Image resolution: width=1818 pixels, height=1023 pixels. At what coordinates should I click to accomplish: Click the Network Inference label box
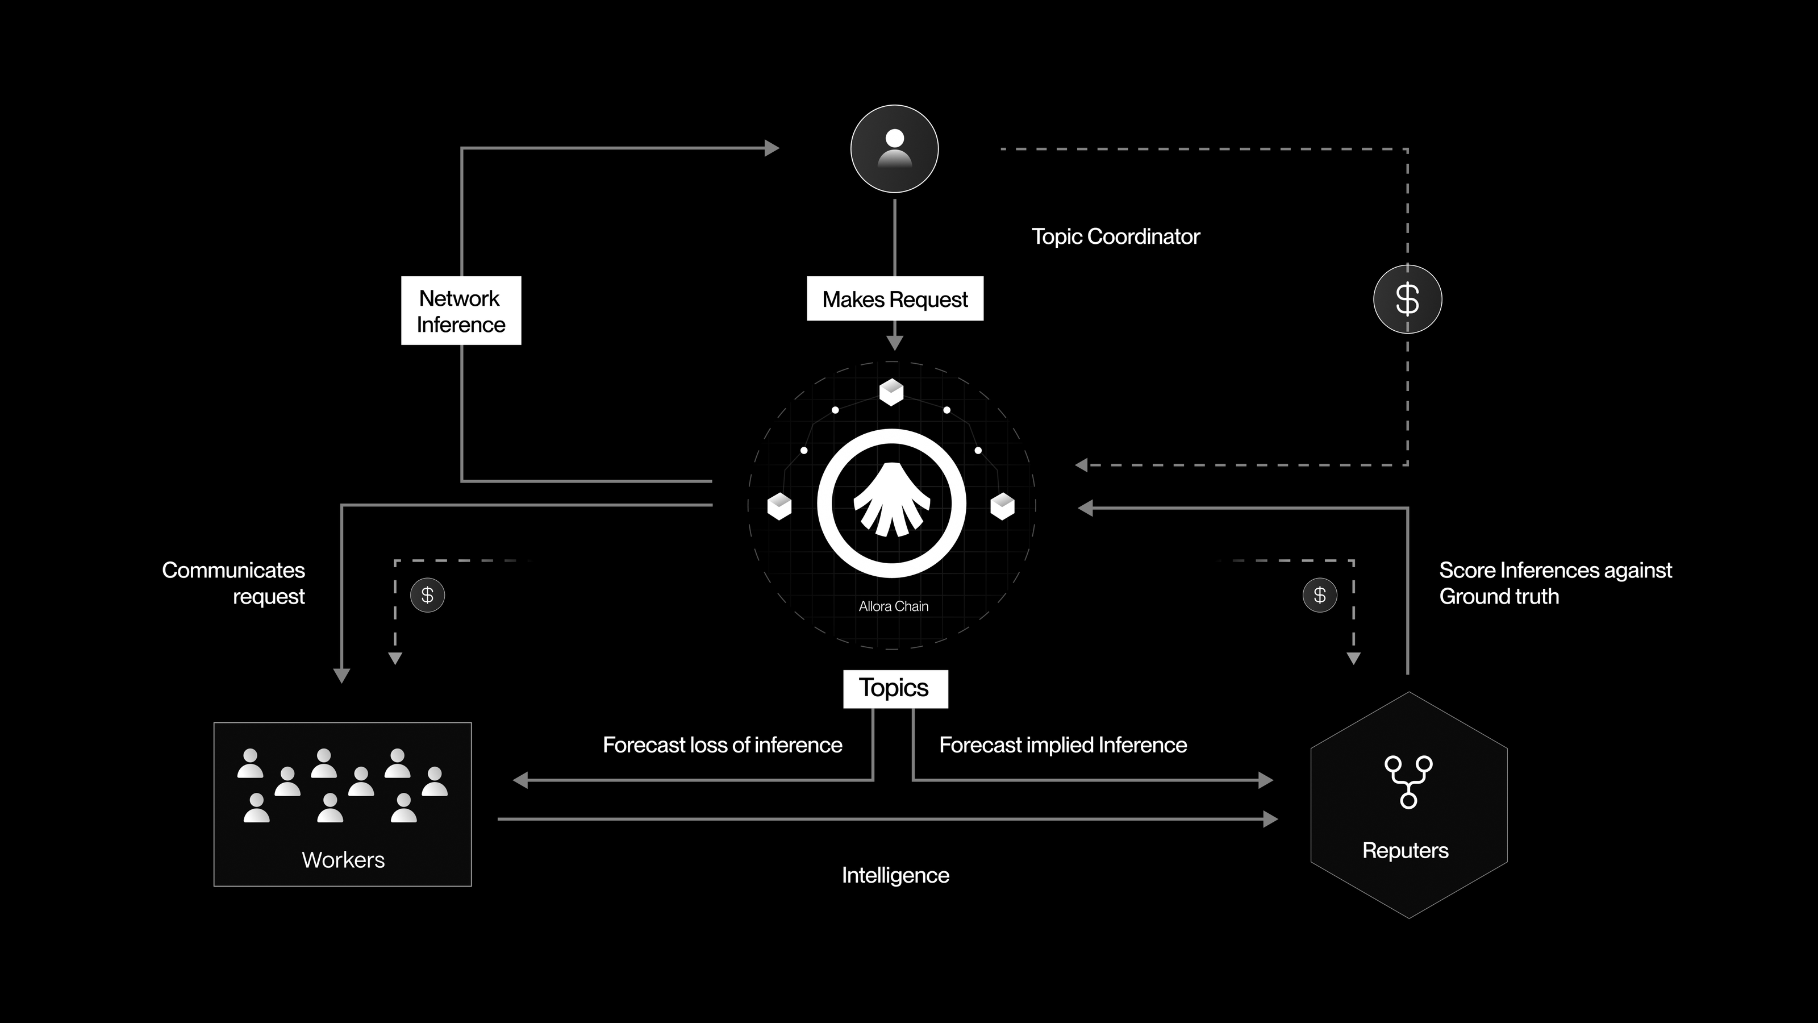pos(461,311)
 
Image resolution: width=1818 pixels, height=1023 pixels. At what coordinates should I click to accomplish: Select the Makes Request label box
pos(895,298)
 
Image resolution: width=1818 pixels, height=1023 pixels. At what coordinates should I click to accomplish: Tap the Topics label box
pos(895,688)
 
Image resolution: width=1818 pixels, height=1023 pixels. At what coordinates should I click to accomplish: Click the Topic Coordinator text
pos(1115,236)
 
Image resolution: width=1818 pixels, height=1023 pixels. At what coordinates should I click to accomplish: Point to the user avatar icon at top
pos(894,148)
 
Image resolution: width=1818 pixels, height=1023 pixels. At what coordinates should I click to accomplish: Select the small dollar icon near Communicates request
pos(427,595)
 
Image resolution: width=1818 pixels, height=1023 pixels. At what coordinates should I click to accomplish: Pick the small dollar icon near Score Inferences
pos(1319,595)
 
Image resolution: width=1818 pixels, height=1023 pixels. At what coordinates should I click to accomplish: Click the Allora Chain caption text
pos(894,606)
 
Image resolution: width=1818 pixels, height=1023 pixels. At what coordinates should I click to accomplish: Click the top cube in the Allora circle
pos(891,392)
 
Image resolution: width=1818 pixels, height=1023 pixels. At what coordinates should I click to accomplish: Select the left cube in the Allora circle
pos(779,506)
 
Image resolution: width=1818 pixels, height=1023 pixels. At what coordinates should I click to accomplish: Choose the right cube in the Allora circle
pos(1002,506)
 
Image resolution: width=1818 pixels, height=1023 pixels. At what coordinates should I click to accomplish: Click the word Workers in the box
pos(343,860)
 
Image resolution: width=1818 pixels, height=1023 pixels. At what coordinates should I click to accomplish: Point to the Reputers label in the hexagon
pos(1405,850)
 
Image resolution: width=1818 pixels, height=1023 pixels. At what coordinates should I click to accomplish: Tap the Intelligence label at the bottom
pos(895,875)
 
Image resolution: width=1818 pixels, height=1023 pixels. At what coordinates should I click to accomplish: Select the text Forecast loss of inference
pos(722,745)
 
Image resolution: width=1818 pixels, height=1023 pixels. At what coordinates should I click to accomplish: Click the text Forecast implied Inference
pos(1063,745)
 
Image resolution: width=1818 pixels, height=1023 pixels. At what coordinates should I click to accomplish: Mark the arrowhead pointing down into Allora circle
pos(895,344)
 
